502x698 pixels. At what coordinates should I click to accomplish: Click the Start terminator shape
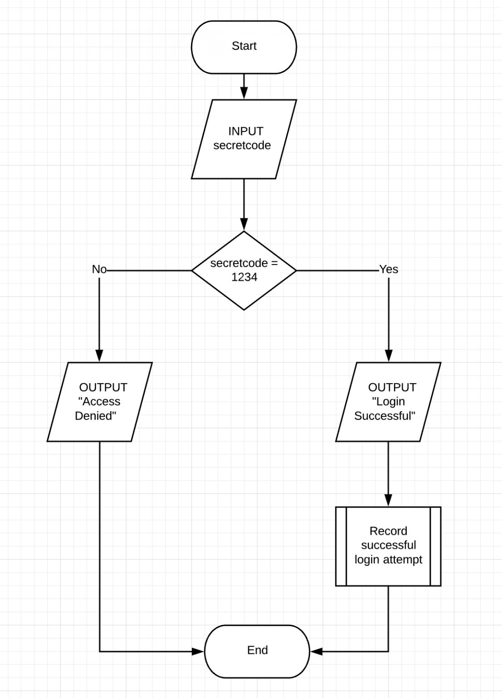pyautogui.click(x=244, y=46)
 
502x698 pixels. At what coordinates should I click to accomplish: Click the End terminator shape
pyautogui.click(x=257, y=650)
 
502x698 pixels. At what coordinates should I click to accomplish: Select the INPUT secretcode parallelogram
pyautogui.click(x=244, y=139)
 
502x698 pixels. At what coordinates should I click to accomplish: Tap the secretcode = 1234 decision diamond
pyautogui.click(x=244, y=270)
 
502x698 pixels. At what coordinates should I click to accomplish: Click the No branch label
pyautogui.click(x=99, y=269)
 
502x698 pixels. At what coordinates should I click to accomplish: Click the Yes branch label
pyautogui.click(x=389, y=269)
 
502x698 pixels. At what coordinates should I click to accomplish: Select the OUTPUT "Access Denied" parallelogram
pyautogui.click(x=99, y=402)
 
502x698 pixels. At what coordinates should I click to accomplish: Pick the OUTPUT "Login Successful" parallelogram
pyautogui.click(x=388, y=402)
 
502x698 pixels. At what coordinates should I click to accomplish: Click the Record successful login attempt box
pyautogui.click(x=388, y=546)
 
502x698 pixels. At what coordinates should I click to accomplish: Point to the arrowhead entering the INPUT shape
pyautogui.click(x=244, y=93)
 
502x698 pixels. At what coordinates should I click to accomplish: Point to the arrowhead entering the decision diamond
pyautogui.click(x=244, y=224)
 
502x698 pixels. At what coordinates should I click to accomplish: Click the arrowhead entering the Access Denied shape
pyautogui.click(x=99, y=356)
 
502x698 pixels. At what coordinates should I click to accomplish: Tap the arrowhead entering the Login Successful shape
pyautogui.click(x=389, y=356)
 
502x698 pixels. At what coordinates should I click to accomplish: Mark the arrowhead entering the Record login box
pyautogui.click(x=389, y=500)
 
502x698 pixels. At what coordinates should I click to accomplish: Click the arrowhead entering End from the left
pyautogui.click(x=198, y=652)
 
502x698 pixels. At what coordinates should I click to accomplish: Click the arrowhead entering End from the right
pyautogui.click(x=316, y=652)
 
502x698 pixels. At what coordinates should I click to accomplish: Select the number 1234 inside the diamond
pyautogui.click(x=244, y=277)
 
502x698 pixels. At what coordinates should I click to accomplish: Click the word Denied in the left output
pyautogui.click(x=95, y=416)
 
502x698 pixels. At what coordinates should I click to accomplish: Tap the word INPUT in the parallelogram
pyautogui.click(x=246, y=131)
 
